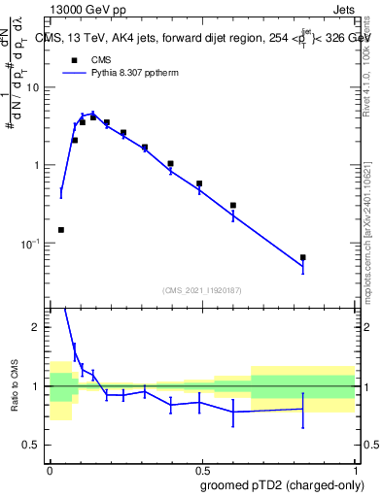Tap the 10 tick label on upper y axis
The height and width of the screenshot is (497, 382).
tap(36, 87)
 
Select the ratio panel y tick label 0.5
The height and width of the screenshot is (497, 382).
tap(35, 445)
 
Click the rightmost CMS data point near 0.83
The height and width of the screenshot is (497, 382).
tap(303, 257)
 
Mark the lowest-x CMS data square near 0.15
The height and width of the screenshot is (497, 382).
tap(61, 230)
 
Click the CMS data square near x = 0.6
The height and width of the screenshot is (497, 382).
tap(233, 206)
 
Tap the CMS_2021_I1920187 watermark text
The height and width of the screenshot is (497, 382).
tap(202, 290)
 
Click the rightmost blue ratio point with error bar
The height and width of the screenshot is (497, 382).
tap(303, 409)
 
